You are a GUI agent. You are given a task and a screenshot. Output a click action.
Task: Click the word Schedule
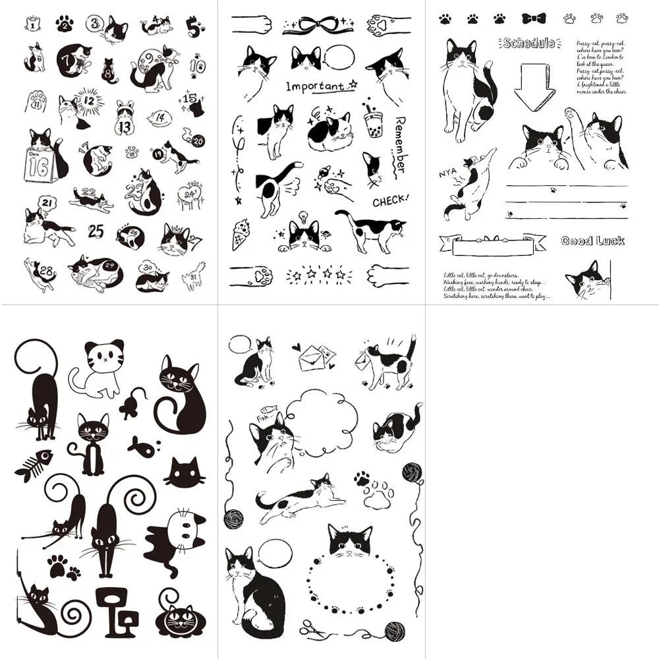[528, 43]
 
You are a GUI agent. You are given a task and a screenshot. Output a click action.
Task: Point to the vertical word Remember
[399, 144]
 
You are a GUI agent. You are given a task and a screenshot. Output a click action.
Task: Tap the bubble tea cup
[373, 117]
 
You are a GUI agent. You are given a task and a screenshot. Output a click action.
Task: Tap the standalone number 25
[96, 231]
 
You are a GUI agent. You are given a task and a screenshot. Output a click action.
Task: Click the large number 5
[193, 28]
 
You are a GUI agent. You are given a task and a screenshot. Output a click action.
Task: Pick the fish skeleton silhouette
[34, 464]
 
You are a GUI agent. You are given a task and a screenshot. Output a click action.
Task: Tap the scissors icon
[312, 629]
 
